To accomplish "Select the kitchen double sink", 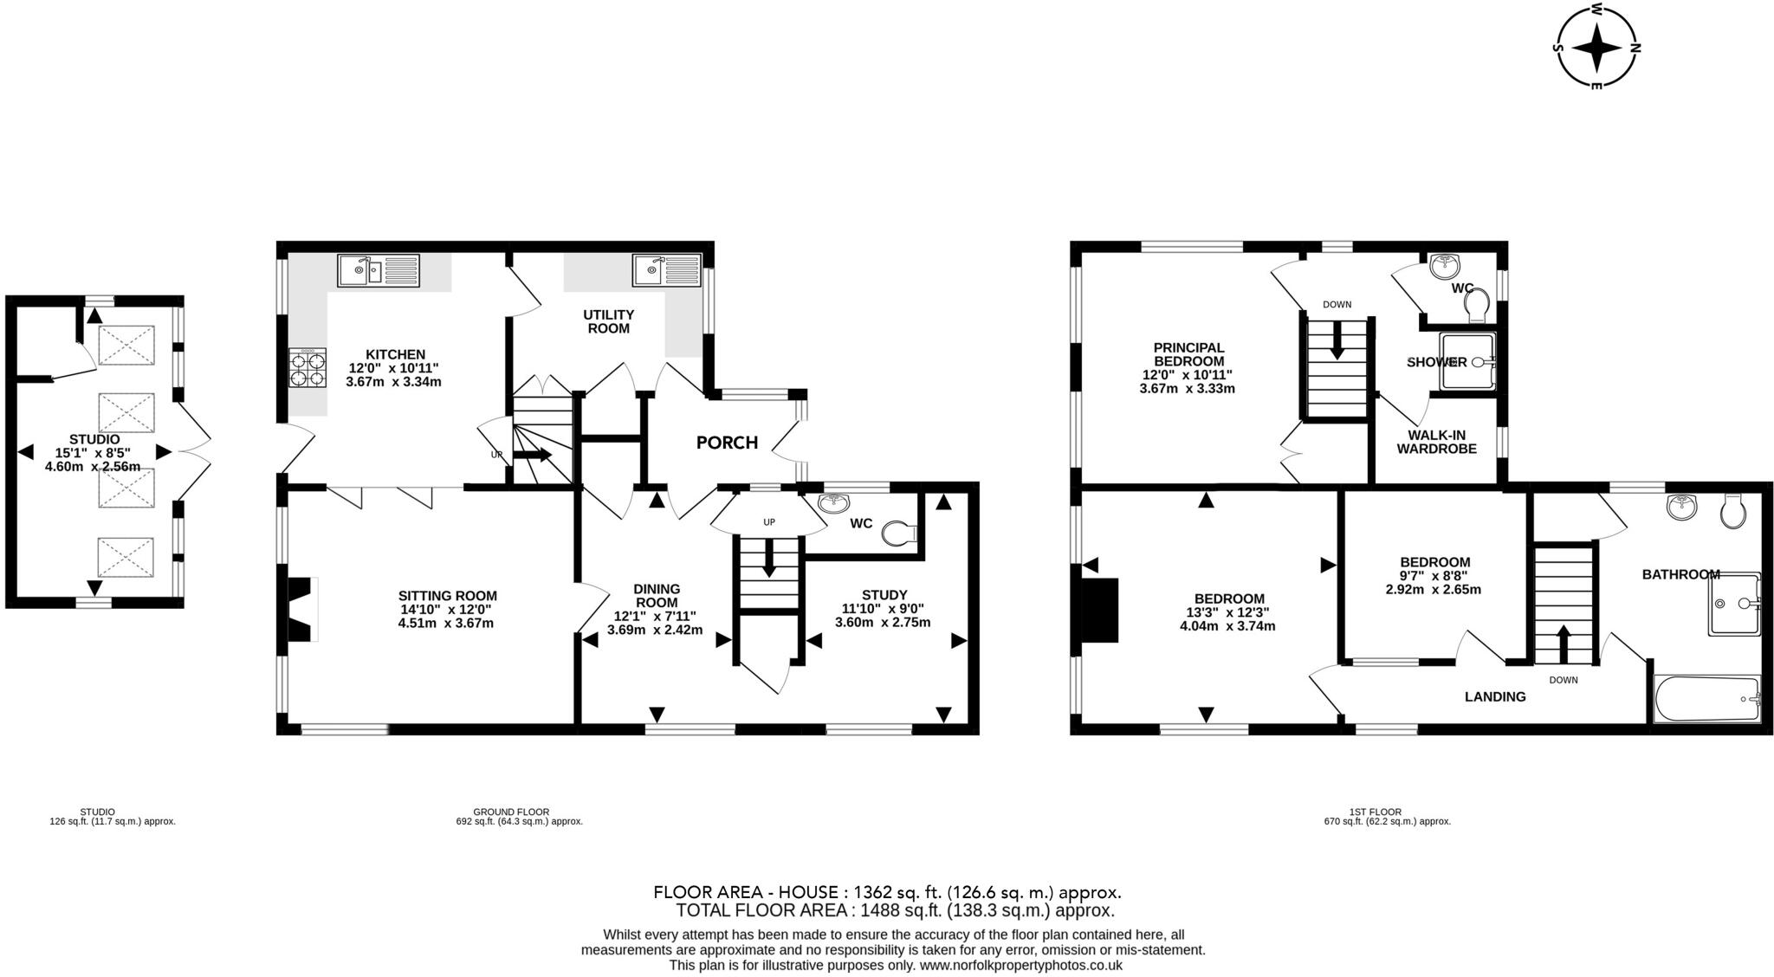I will click(378, 271).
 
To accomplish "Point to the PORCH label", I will click(727, 443).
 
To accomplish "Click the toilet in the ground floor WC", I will click(899, 534).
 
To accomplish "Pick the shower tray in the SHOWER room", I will click(1466, 362).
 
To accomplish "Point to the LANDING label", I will click(1495, 696).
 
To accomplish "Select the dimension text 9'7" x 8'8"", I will click(1434, 576).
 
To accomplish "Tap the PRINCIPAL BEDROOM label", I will click(1188, 354).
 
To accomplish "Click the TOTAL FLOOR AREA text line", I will click(894, 910).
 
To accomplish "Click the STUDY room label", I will click(884, 595).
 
